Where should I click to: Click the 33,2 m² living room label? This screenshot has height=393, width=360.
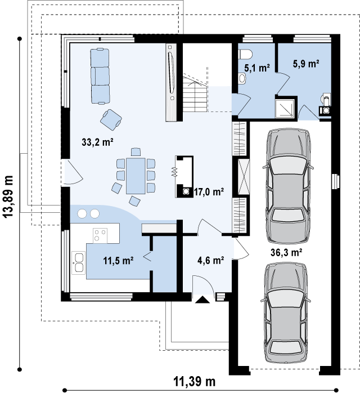pos(97,142)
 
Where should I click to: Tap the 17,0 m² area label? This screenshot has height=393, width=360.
pos(209,192)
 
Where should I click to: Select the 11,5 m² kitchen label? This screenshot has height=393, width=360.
pos(118,261)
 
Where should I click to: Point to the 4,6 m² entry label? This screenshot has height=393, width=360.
pos(210,261)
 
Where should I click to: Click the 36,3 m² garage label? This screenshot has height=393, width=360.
pos(286,252)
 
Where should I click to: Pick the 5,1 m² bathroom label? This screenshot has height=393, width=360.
pos(257,68)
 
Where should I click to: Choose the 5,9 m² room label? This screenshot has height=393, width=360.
pos(306,64)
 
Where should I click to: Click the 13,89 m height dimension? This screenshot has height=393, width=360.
pos(8,196)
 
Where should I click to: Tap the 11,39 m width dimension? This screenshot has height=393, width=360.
pos(194,382)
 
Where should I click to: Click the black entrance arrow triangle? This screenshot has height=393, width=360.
pos(202,300)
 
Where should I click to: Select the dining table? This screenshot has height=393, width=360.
pos(136,176)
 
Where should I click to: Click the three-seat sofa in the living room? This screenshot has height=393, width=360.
pos(100,76)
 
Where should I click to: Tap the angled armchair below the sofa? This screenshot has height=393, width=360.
pos(111,119)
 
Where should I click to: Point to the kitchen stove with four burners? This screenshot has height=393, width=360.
pos(100,235)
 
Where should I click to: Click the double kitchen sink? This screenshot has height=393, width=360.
pos(79,263)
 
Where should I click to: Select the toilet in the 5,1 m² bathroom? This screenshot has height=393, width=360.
pos(245,54)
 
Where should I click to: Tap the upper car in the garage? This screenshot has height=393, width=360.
pos(288,186)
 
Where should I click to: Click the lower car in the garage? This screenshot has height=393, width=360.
pos(286,313)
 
